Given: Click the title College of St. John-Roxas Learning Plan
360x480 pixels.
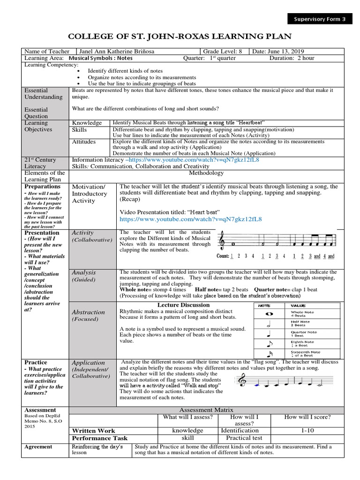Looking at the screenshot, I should pos(180,37).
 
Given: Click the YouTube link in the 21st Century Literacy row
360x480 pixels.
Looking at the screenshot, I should pos(195,160).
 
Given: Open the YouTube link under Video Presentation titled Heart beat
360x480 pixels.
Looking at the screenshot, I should pos(190,219).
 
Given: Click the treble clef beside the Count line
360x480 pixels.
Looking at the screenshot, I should pos(221,241).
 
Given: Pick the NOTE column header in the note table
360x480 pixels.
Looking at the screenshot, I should pos(266,305).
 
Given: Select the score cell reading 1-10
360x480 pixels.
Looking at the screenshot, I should pos(308,430).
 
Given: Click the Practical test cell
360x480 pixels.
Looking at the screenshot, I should pos(238,438).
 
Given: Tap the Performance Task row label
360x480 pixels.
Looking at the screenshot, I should pos(99,438).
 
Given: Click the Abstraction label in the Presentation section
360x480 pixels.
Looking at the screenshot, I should pos(88,312).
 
